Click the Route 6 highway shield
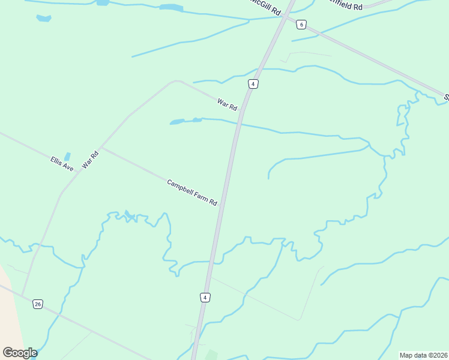[301, 25]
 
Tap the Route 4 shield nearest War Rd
[253, 84]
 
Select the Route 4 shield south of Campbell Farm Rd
[205, 298]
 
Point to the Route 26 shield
[38, 304]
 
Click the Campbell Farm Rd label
[191, 193]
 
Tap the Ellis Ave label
[62, 164]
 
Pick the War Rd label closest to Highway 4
[228, 104]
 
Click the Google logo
[20, 353]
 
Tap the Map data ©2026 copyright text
[423, 355]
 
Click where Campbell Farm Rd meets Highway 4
[221, 205]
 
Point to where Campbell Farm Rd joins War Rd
[102, 146]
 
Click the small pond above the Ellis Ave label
[67, 156]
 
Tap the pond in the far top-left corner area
[43, 19]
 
